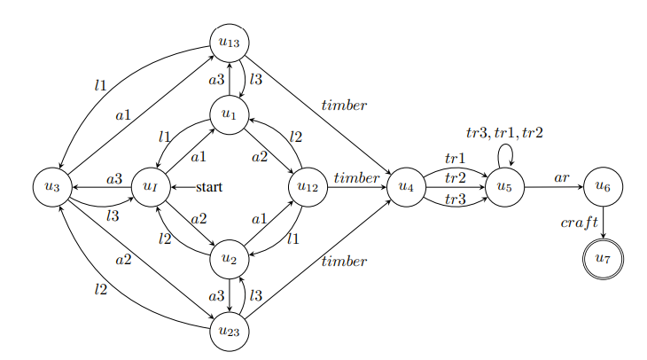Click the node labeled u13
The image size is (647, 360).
[230, 42]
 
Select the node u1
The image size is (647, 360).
[230, 114]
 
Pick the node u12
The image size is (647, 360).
[308, 187]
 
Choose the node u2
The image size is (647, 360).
[230, 260]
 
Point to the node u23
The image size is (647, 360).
[230, 333]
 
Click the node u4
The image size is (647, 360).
[407, 187]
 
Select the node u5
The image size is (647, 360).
[506, 187]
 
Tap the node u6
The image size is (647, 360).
[604, 187]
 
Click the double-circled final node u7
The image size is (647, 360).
[604, 260]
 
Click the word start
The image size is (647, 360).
[208, 187]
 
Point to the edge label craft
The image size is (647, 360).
[580, 223]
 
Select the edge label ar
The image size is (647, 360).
[562, 177]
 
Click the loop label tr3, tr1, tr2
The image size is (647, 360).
[504, 133]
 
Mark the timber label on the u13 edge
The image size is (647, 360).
[344, 106]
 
